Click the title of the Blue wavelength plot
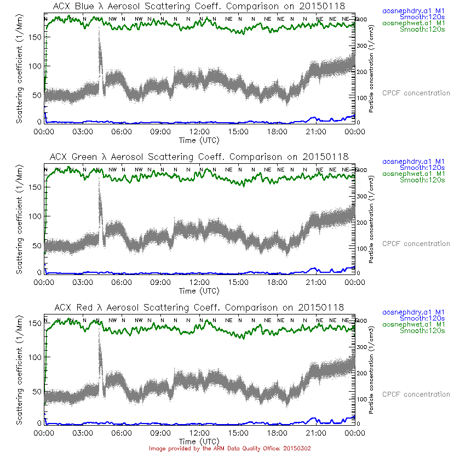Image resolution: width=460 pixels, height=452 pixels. tap(200, 7)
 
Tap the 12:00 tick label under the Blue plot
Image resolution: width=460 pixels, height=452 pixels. tap(199, 131)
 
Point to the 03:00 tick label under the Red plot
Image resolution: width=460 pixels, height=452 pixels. tap(83, 433)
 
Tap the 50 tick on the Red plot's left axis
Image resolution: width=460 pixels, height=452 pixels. tap(37, 392)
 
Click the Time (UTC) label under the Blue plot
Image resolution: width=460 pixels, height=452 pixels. tap(199, 140)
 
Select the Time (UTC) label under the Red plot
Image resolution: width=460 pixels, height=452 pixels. tap(199, 441)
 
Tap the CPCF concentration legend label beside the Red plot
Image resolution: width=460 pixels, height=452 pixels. tap(416, 394)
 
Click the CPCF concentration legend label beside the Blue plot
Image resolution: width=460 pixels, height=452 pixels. tap(416, 93)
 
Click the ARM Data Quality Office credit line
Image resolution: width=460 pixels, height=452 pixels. tap(230, 448)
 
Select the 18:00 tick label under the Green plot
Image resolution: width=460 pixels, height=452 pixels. tap(277, 282)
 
